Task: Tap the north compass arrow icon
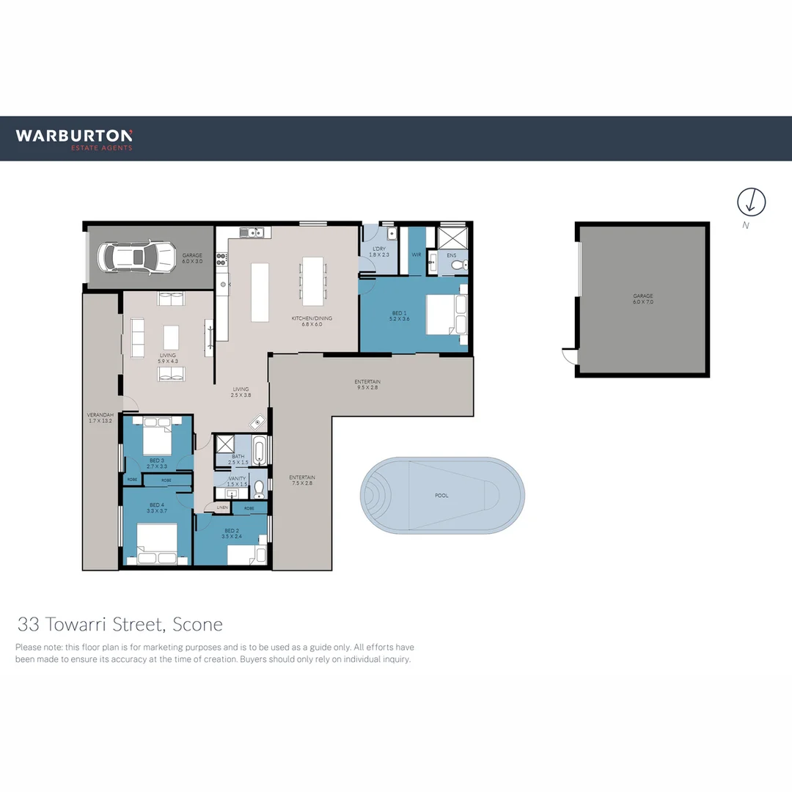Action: pyautogui.click(x=751, y=201)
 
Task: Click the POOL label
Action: pyautogui.click(x=441, y=496)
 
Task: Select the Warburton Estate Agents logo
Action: pyautogui.click(x=74, y=138)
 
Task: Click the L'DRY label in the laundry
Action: pyautogui.click(x=378, y=250)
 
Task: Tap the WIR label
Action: pyautogui.click(x=417, y=255)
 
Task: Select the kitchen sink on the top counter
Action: pyautogui.click(x=252, y=232)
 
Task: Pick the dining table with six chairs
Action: pyautogui.click(x=313, y=280)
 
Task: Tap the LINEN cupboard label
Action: pyautogui.click(x=222, y=507)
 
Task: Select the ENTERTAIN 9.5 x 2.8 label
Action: pyautogui.click(x=367, y=385)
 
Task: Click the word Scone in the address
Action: pyautogui.click(x=197, y=625)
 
